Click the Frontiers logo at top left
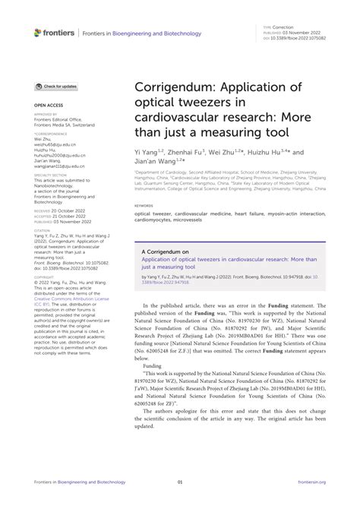point(54,32)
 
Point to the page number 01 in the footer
point(180,501)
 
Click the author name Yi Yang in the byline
point(145,151)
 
